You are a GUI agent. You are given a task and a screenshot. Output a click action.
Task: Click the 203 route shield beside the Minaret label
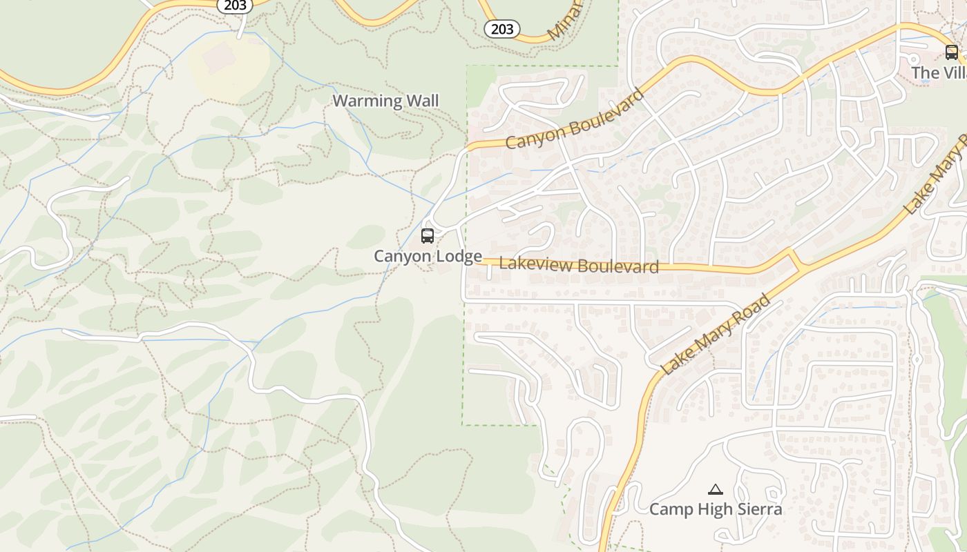[502, 28]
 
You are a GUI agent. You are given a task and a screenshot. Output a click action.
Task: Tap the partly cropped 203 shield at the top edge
[235, 5]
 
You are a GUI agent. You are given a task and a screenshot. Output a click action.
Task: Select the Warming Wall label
[385, 101]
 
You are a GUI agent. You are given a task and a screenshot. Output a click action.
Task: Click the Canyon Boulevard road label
[575, 119]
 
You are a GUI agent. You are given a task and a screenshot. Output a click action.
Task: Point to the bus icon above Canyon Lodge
[428, 236]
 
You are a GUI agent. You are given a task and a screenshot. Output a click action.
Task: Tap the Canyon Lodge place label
[428, 257]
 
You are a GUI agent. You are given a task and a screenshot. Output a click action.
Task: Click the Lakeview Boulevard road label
[578, 265]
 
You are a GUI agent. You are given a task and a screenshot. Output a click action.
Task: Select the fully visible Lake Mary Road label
[716, 334]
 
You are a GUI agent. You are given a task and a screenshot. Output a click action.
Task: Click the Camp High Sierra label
[716, 509]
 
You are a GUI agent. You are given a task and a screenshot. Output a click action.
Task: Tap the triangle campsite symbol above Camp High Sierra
[716, 490]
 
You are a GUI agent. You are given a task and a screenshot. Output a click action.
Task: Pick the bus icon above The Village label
[951, 52]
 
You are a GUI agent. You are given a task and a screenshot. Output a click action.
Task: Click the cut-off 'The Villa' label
[939, 72]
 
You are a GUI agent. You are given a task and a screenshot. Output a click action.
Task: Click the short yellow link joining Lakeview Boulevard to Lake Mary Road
[795, 259]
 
